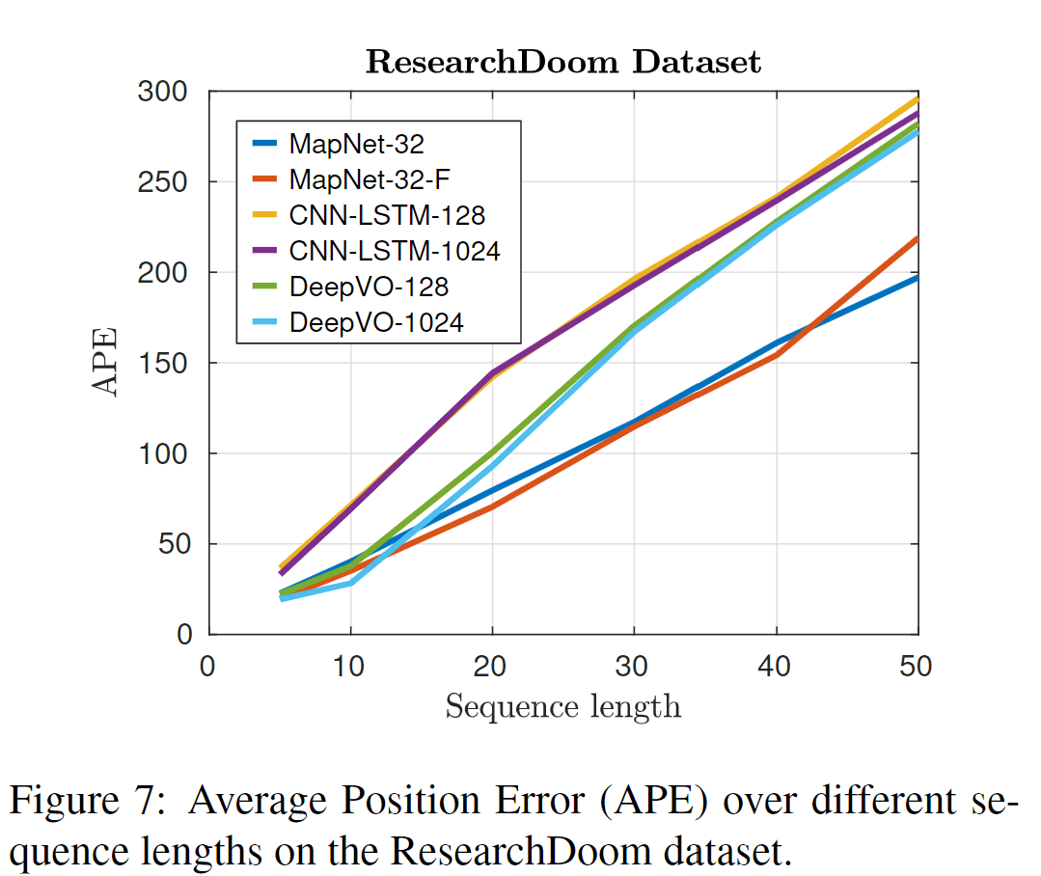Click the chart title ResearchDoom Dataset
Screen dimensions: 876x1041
(x=563, y=63)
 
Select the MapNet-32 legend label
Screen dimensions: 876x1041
(x=356, y=144)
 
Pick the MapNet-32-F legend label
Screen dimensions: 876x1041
(x=370, y=179)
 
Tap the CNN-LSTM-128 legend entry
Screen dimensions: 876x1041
(x=387, y=215)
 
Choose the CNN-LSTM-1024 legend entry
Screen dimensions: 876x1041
(x=394, y=251)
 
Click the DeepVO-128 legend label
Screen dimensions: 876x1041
(x=369, y=287)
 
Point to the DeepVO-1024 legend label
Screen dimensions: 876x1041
(x=376, y=322)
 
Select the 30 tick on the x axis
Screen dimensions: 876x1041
(x=634, y=667)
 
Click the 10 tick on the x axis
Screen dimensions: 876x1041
(x=350, y=667)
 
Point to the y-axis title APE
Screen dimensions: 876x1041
(x=106, y=363)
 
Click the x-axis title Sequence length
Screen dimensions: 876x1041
(x=562, y=707)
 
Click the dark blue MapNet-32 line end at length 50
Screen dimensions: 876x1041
(x=915, y=278)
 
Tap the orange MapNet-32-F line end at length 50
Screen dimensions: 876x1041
(x=915, y=238)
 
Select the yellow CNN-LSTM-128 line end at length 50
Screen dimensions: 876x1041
(x=915, y=98)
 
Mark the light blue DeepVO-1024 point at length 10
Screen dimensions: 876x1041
(x=350, y=582)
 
